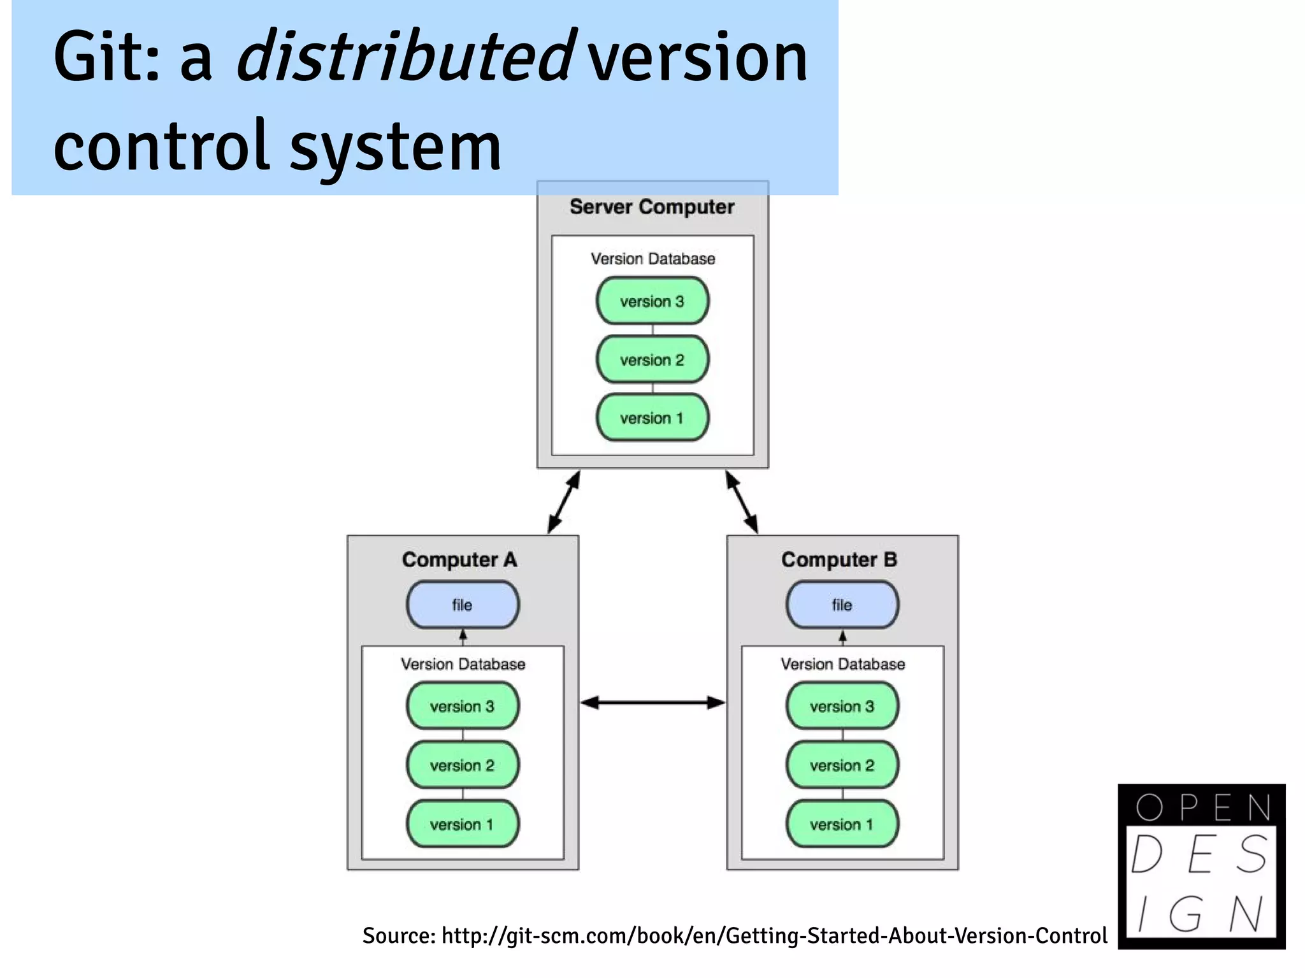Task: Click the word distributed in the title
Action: pyautogui.click(x=406, y=57)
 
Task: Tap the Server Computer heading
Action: pyautogui.click(x=652, y=207)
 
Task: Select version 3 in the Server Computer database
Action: pyautogui.click(x=652, y=301)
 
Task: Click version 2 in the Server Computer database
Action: pyautogui.click(x=652, y=359)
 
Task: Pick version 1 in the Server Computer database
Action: pyautogui.click(x=652, y=418)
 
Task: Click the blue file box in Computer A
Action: pyautogui.click(x=463, y=605)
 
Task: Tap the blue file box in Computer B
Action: pyautogui.click(x=842, y=605)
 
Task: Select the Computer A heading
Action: pyautogui.click(x=459, y=559)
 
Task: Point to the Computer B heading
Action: pyautogui.click(x=839, y=559)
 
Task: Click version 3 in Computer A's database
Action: pyautogui.click(x=463, y=706)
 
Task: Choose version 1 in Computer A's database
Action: pyautogui.click(x=463, y=824)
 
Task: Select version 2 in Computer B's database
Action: pyautogui.click(x=842, y=765)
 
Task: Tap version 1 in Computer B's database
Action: pyautogui.click(x=842, y=824)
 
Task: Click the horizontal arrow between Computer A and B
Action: pyautogui.click(x=652, y=703)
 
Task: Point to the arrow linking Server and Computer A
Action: pyautogui.click(x=564, y=502)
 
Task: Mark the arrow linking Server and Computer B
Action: pyautogui.click(x=742, y=502)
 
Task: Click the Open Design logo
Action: pyautogui.click(x=1201, y=866)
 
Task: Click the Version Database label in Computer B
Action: pyautogui.click(x=842, y=664)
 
